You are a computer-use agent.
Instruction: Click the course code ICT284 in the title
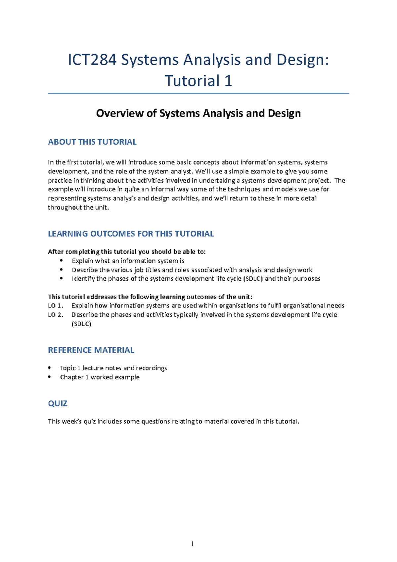point(92,60)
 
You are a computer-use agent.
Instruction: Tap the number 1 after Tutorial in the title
point(228,81)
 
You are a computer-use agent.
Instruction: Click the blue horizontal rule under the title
point(198,93)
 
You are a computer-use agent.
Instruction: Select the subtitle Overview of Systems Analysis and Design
point(198,113)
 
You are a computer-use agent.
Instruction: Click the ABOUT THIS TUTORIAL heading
point(92,142)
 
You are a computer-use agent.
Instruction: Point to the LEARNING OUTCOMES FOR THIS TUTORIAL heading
point(131,234)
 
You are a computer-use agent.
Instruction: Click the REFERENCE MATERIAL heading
point(91,350)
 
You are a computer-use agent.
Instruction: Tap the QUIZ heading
point(58,403)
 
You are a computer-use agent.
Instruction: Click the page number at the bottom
point(192,544)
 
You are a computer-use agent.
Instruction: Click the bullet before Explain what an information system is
point(61,260)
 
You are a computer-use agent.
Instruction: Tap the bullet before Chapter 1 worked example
point(50,377)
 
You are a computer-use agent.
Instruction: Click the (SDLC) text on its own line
point(81,324)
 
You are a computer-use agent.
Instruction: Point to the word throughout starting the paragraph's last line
point(61,208)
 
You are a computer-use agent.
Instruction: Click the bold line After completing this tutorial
point(127,252)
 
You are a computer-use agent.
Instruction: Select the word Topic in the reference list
point(67,368)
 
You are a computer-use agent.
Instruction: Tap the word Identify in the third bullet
point(83,279)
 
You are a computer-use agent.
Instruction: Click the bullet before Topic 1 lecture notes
point(50,367)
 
